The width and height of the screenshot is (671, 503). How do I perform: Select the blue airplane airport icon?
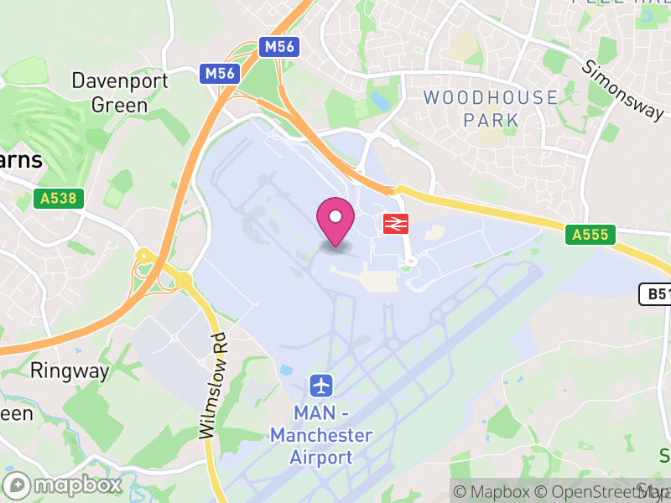(321, 386)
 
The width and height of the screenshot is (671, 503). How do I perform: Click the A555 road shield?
(590, 235)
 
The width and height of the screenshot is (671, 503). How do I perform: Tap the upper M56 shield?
(279, 47)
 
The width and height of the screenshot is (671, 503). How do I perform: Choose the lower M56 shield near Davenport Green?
(220, 74)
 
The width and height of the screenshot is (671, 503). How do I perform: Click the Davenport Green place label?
(119, 93)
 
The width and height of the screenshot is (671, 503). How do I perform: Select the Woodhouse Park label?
(491, 108)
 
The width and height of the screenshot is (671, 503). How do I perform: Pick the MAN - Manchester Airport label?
(320, 435)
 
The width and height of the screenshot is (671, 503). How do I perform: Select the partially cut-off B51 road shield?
(655, 294)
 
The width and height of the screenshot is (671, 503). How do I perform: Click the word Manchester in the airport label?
(320, 435)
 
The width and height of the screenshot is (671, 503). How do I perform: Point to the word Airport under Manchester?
(320, 457)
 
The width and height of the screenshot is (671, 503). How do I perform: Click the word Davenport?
(119, 81)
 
